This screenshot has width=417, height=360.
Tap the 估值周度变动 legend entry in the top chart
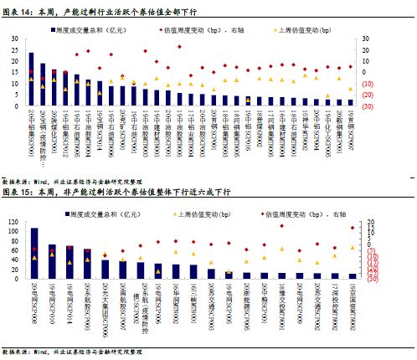pos(214,28)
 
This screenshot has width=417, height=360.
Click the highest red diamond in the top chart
pos(179,47)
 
